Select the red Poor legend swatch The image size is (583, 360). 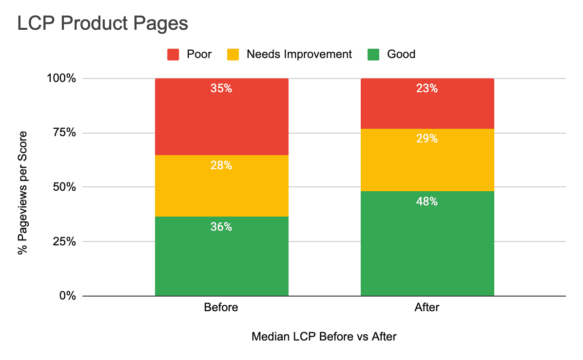173,54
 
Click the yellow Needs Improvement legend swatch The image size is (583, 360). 233,54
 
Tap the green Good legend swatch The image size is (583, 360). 373,54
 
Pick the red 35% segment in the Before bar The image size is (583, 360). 221,117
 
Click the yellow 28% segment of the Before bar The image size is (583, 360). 221,186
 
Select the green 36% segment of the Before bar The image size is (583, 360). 221,256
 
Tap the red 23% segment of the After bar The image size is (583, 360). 427,103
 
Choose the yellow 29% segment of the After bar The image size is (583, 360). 427,160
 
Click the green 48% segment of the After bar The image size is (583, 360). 427,243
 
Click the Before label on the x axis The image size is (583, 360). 221,308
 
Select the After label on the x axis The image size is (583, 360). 427,308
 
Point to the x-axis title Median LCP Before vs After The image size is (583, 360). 324,337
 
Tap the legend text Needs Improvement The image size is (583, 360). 299,54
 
